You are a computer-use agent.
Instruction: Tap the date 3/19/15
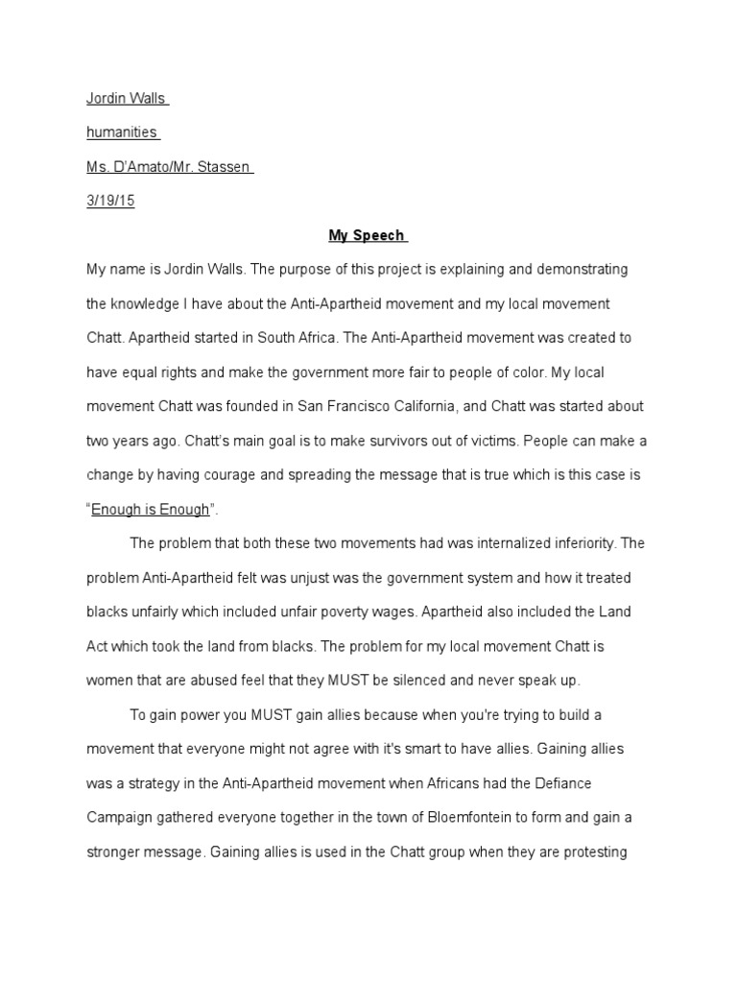tap(110, 202)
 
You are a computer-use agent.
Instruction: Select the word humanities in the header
tap(122, 133)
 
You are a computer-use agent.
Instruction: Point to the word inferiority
tap(583, 543)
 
